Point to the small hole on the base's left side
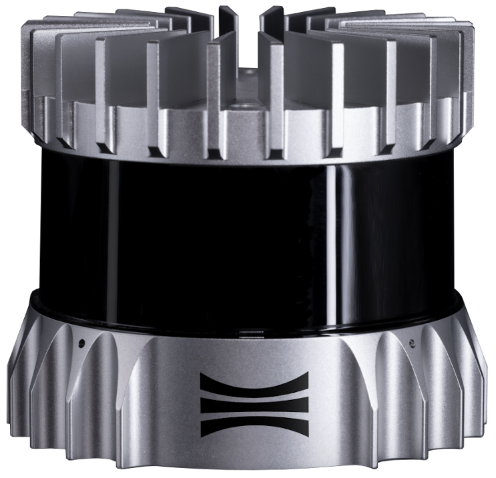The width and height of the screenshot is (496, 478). click(x=81, y=344)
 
